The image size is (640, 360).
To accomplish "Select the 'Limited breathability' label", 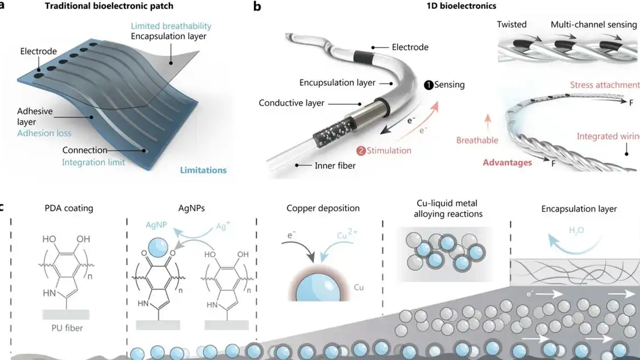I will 171,26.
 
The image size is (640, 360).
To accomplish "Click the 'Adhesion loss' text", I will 44,133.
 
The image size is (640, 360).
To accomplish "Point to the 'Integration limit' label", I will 93,162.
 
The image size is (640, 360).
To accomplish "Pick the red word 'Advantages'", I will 507,163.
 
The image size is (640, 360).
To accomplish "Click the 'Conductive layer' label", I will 292,103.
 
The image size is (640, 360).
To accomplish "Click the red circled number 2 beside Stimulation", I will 361,151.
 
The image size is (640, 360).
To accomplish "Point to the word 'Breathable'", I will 477,140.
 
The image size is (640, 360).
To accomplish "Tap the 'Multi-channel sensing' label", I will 594,25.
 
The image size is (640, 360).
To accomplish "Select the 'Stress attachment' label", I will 605,85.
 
